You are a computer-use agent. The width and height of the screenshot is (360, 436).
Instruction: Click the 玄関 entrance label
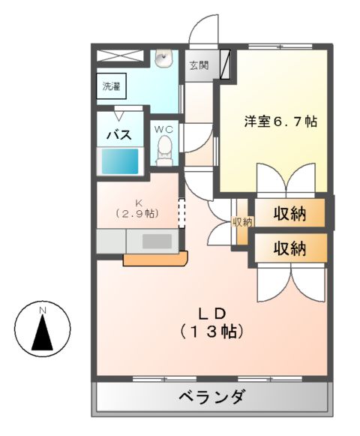click(x=199, y=65)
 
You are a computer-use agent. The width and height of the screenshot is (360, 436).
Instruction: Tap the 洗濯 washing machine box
click(x=111, y=85)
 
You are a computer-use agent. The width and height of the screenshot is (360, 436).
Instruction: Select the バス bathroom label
click(x=118, y=135)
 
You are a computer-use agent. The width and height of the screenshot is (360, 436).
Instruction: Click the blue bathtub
click(x=120, y=160)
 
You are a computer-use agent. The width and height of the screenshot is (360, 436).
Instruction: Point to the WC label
click(x=164, y=129)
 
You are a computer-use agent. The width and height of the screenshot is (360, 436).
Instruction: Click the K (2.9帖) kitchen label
click(x=137, y=208)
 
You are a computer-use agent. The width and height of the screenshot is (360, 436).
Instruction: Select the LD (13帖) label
click(x=212, y=320)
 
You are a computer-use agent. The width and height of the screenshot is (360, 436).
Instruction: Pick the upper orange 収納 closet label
click(x=289, y=213)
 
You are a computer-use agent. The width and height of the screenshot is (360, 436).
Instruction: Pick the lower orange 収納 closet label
click(x=289, y=248)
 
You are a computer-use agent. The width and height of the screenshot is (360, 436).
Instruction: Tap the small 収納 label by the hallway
click(x=242, y=221)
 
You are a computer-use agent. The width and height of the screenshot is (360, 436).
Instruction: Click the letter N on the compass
click(x=43, y=310)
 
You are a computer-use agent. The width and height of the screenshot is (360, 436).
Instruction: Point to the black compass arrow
click(x=43, y=333)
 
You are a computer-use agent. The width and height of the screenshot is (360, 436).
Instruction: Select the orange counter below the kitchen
click(x=155, y=259)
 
